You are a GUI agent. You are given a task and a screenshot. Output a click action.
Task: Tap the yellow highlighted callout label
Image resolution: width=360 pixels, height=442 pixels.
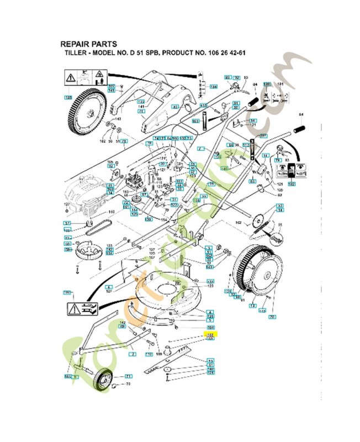(210, 334)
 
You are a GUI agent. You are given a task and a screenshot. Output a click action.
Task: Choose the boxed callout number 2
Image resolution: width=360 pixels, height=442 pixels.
(133, 352)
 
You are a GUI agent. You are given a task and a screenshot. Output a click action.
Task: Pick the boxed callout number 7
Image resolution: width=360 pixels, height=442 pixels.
(201, 149)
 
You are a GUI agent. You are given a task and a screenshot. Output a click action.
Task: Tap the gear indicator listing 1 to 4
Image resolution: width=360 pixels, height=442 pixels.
(201, 88)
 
